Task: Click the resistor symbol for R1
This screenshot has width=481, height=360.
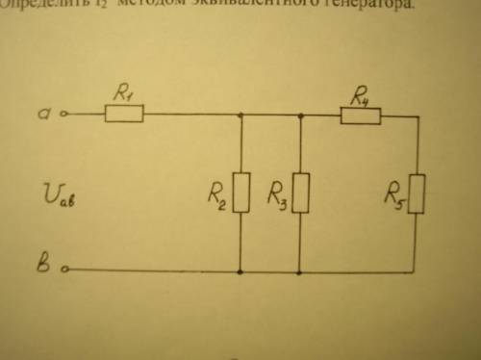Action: [x=123, y=115]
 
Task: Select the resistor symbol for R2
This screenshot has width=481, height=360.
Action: [x=240, y=193]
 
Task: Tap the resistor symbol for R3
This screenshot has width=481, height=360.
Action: [x=301, y=193]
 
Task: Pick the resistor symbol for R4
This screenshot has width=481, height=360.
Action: [x=362, y=116]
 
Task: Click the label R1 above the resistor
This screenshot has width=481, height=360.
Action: [x=123, y=93]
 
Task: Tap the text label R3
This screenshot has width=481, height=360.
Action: [x=275, y=200]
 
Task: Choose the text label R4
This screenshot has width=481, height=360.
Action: [x=361, y=95]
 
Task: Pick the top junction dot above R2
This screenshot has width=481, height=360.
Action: [x=240, y=115]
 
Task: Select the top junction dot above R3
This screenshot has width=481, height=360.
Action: [x=301, y=116]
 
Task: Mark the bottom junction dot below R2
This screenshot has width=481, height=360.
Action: [x=240, y=271]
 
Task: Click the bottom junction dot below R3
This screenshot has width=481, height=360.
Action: [x=301, y=271]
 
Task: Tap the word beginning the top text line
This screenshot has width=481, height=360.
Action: [x=35, y=5]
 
